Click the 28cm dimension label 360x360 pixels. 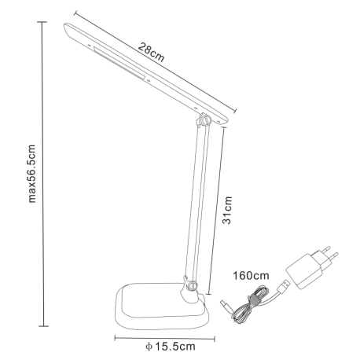pyautogui.click(x=151, y=52)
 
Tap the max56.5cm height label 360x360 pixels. pyautogui.click(x=31, y=174)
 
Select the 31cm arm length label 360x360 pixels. pyautogui.click(x=227, y=210)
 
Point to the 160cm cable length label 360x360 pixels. pyautogui.click(x=251, y=276)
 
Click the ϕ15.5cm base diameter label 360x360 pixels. pyautogui.click(x=171, y=347)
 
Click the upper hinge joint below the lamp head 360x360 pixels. pyautogui.click(x=204, y=119)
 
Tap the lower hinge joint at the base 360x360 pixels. pyautogui.click(x=191, y=285)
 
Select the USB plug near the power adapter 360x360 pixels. pyautogui.click(x=284, y=287)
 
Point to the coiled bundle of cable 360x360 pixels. pyautogui.click(x=250, y=304)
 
